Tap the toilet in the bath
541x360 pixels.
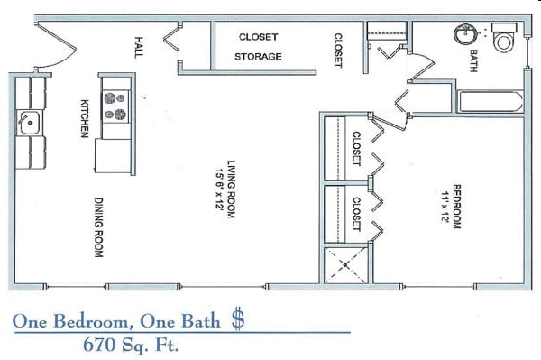503,41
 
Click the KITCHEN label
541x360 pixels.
85,118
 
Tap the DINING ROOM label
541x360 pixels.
98,227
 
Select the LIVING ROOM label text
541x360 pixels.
231,190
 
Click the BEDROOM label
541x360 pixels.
458,208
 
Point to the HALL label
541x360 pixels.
139,46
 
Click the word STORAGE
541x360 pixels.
259,56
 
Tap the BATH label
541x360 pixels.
472,60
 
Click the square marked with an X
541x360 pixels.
346,264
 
